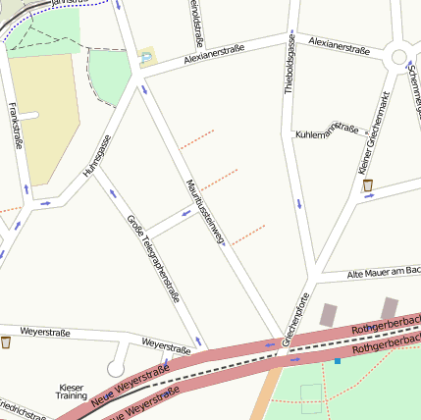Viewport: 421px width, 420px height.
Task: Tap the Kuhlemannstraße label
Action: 327,130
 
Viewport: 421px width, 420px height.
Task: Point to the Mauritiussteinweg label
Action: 206,211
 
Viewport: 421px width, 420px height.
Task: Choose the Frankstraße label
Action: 15,126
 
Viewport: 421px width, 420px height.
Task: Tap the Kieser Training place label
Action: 72,391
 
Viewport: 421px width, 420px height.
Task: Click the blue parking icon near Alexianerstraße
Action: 147,58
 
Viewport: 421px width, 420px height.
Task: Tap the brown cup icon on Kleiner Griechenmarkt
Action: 367,184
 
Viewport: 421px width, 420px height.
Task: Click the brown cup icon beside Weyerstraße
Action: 7,342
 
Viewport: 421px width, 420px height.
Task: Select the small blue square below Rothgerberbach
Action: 338,361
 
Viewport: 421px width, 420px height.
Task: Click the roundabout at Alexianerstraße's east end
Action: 399,58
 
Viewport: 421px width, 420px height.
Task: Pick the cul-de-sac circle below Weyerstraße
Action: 117,369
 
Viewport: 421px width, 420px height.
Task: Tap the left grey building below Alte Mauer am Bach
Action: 328,315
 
